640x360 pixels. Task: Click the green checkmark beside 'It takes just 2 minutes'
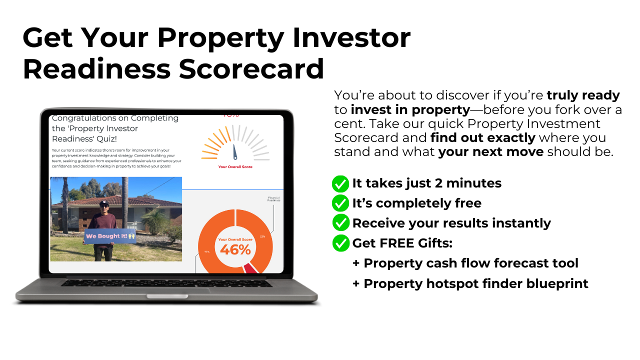(340, 183)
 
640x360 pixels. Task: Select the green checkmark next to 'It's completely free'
(340, 203)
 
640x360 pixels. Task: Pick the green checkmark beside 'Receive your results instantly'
(340, 223)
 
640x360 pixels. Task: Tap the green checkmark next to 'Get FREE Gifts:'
(340, 243)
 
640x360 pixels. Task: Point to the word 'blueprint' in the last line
(557, 283)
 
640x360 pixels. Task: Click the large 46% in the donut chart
(235, 249)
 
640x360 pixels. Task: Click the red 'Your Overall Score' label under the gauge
(235, 167)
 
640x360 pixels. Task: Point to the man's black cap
(104, 203)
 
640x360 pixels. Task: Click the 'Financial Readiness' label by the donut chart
(273, 199)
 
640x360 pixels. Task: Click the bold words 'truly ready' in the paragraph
(583, 95)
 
